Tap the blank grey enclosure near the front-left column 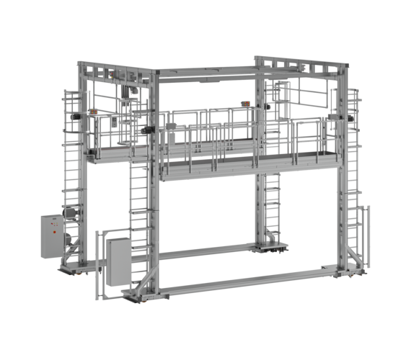[116, 261]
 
